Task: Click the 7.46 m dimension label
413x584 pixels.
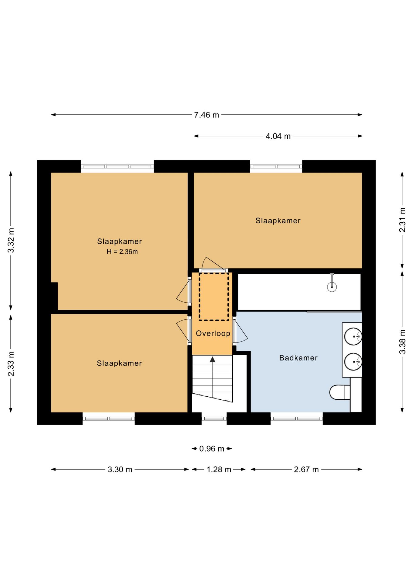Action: pos(206,115)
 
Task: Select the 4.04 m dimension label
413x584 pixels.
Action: pos(278,136)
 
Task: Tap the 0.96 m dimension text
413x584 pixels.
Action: pos(212,449)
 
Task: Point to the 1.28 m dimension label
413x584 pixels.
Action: pos(219,469)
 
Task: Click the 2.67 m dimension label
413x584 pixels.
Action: pos(306,469)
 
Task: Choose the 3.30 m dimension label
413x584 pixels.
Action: pos(120,469)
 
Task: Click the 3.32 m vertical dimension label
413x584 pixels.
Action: pos(11,240)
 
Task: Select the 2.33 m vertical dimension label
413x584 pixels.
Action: pos(11,363)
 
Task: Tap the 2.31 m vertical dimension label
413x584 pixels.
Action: pos(402,220)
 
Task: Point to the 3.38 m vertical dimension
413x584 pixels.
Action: pos(402,342)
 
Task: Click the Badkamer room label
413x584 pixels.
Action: pos(298,358)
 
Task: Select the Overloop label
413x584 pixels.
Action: pos(213,333)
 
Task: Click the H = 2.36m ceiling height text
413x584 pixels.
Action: pos(122,252)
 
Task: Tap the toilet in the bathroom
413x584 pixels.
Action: pos(340,392)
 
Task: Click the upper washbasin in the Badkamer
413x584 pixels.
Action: pos(353,336)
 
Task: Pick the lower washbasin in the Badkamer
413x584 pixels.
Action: pos(353,362)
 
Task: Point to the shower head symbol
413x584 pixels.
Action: pos(332,286)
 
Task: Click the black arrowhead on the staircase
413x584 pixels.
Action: pos(212,360)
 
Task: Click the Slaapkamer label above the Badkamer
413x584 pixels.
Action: pos(278,221)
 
